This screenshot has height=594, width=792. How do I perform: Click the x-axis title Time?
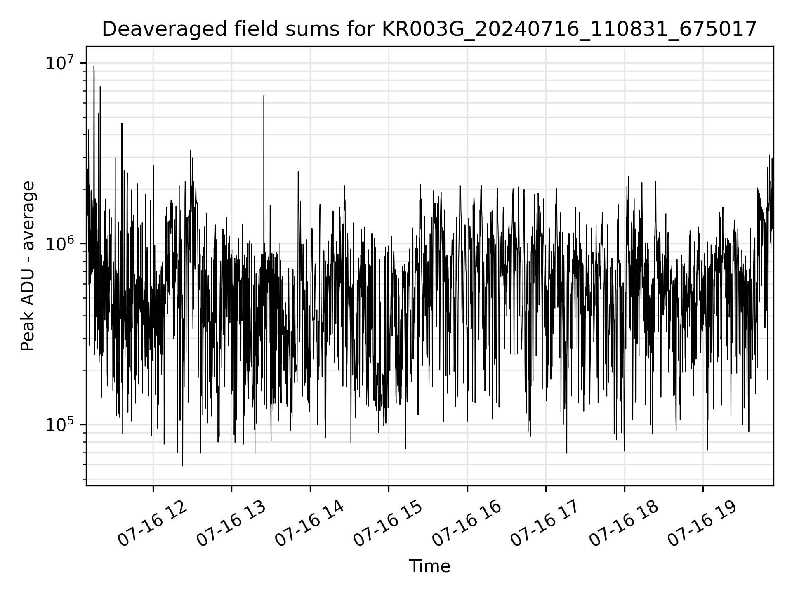click(429, 566)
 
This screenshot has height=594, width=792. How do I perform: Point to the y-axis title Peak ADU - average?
click(28, 266)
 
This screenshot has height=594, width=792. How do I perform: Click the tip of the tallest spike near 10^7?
click(94, 66)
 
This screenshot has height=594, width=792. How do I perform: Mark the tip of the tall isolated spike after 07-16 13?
click(264, 96)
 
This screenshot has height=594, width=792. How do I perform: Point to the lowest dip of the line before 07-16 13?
click(183, 465)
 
